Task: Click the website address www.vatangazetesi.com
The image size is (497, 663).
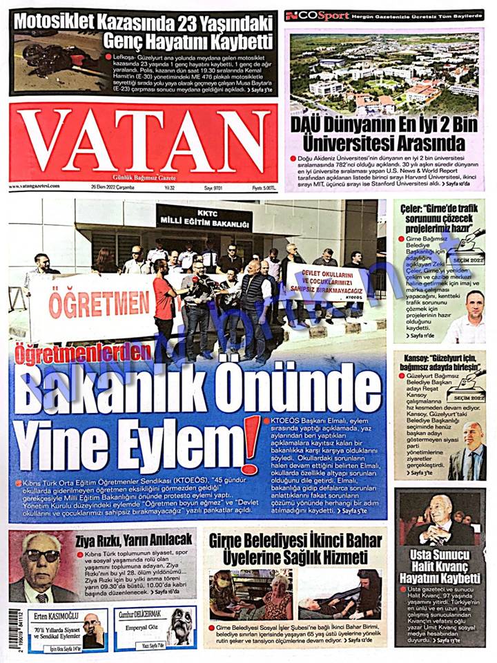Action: [35, 186]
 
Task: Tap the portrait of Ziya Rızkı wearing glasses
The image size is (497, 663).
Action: [41, 566]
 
